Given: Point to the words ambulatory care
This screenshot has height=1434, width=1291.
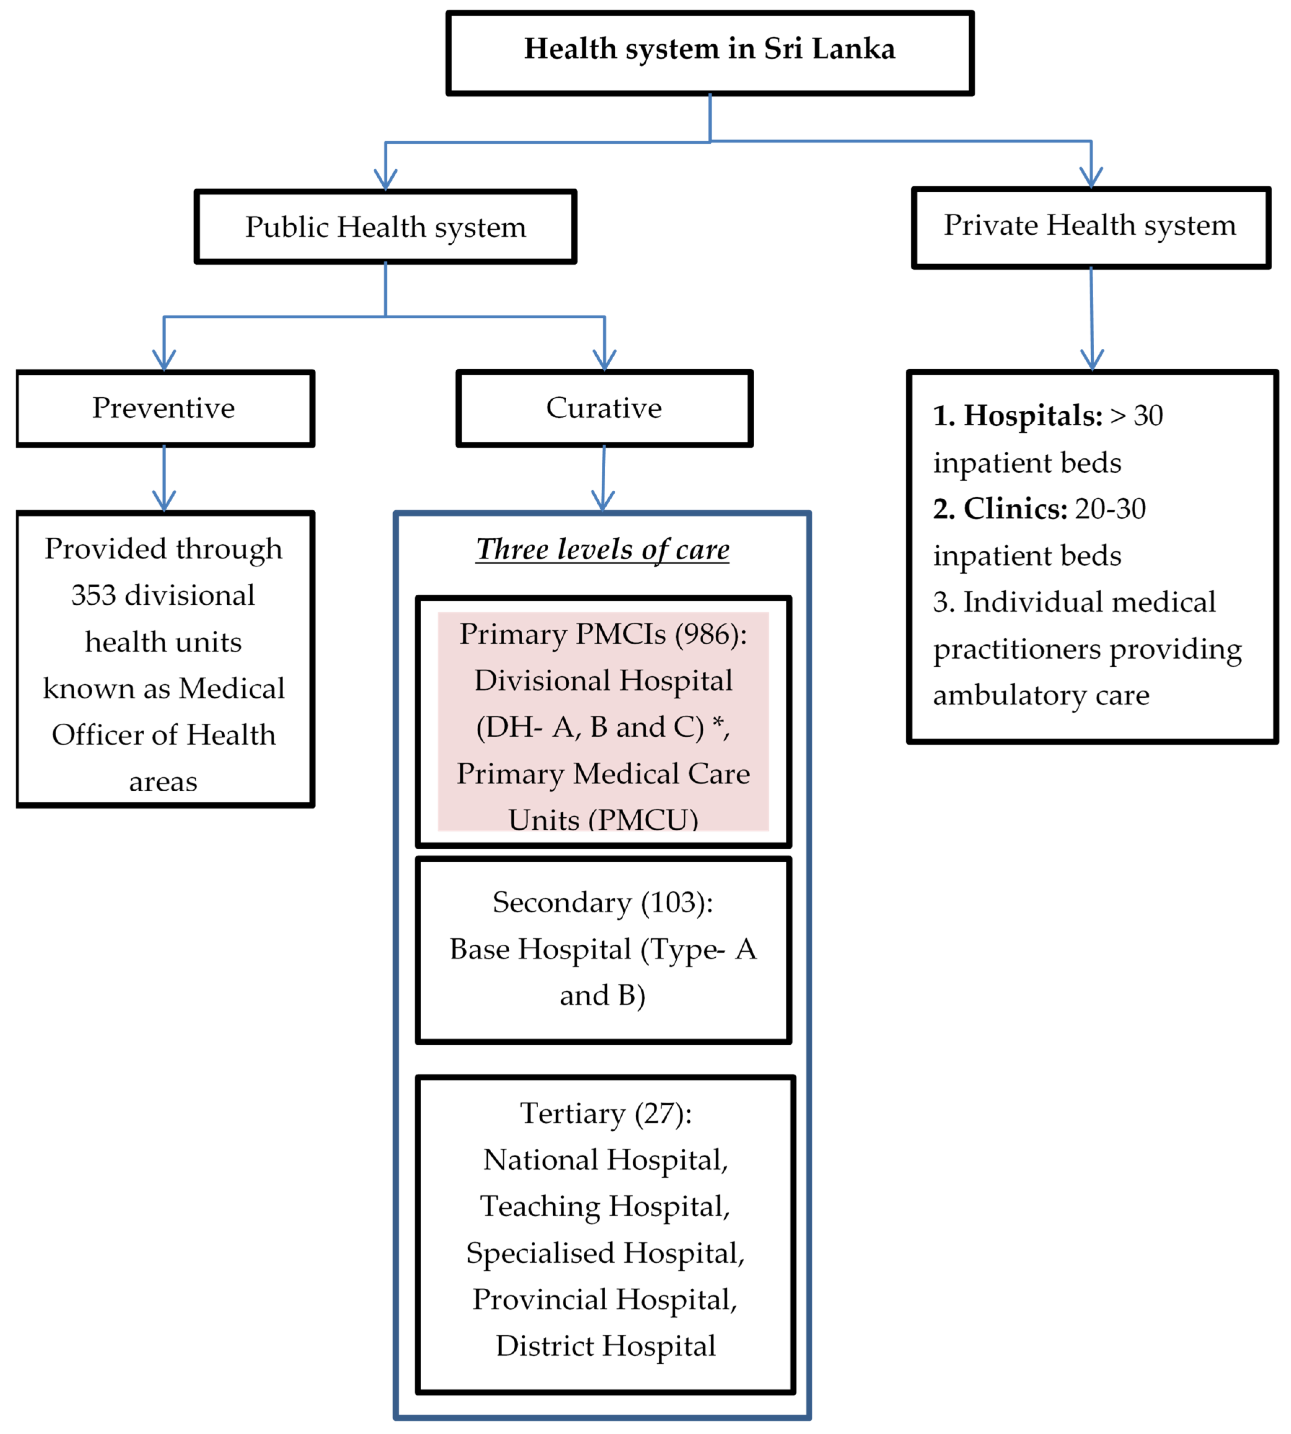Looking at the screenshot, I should pos(1041,696).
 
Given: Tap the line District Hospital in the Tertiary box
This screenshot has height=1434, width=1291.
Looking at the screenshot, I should pos(605,1345).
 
